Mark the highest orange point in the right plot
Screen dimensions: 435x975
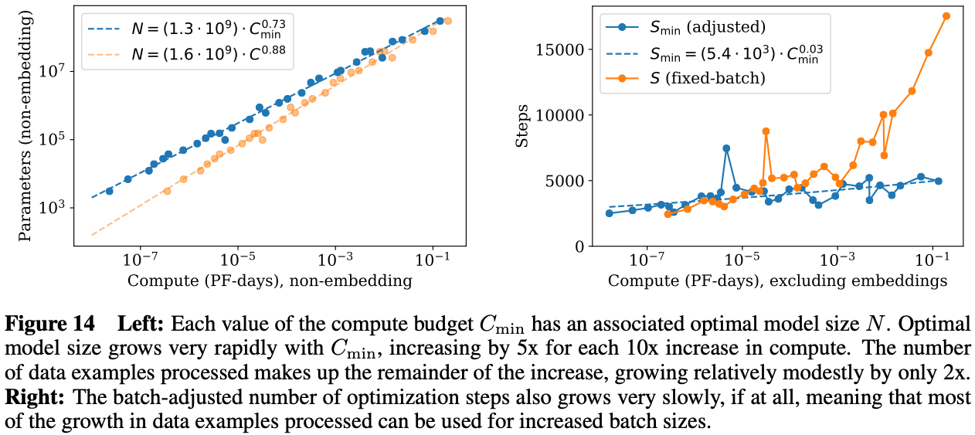point(946,15)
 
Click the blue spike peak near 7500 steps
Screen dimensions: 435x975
point(726,148)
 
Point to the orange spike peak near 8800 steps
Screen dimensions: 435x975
point(766,131)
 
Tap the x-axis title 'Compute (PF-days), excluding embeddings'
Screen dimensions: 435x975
point(777,280)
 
